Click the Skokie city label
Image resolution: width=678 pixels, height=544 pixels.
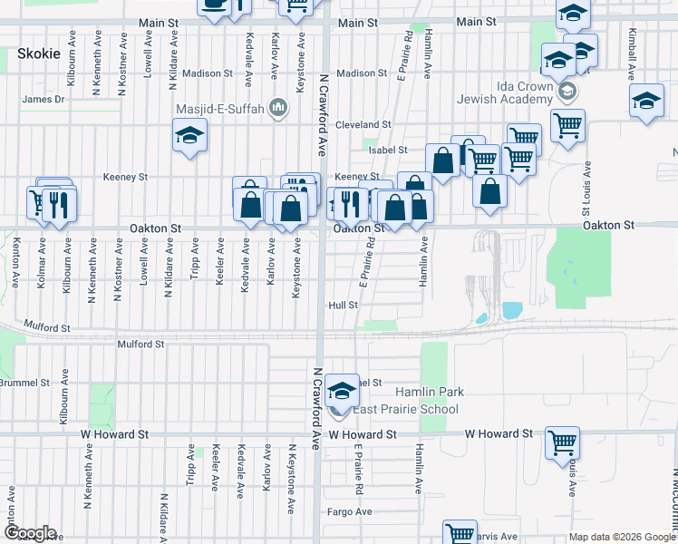click(x=38, y=53)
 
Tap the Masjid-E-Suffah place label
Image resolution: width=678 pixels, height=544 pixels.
click(x=220, y=110)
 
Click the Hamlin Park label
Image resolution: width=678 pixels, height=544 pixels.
click(x=430, y=392)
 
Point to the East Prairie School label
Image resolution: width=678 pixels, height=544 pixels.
click(x=405, y=409)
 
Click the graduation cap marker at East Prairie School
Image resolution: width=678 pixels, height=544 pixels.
click(x=342, y=390)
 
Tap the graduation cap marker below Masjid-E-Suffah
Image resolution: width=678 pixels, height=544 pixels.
click(x=189, y=136)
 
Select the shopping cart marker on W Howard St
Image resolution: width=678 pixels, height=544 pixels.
click(x=562, y=443)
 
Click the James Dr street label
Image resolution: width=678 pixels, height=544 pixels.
click(x=44, y=99)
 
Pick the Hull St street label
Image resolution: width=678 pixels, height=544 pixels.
click(x=344, y=306)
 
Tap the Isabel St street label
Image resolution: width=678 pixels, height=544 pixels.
click(x=390, y=150)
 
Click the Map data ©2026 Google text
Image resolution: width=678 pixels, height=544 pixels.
click(x=621, y=537)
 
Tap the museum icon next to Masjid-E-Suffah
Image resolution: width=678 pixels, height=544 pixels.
click(x=278, y=110)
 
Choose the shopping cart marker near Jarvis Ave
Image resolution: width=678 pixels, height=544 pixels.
click(x=460, y=533)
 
